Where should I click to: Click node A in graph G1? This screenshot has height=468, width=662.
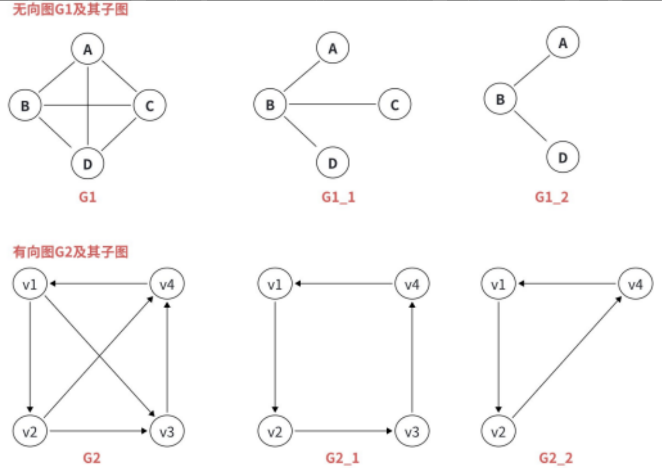tap(87, 49)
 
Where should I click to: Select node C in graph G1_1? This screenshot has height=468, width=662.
tap(394, 104)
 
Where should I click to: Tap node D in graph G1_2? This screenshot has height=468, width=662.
tap(563, 157)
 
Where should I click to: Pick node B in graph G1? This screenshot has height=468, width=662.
tap(25, 105)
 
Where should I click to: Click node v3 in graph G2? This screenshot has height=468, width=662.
tap(167, 431)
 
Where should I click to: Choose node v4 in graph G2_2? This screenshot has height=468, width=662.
tap(635, 284)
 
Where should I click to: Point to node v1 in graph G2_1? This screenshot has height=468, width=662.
tap(275, 284)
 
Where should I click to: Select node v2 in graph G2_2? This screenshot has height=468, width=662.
tap(498, 431)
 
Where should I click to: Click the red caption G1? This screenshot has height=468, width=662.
tap(87, 197)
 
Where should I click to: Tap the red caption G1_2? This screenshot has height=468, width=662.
tap(551, 197)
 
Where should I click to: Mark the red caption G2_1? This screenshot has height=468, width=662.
tap(342, 458)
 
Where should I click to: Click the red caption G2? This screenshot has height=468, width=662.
tap(92, 458)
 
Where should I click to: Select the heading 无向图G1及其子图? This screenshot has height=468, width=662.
tap(70, 9)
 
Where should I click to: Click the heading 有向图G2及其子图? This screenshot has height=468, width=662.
tap(70, 252)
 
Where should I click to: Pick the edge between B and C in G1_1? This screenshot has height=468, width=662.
tap(332, 104)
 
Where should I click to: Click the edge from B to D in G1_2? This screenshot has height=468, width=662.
tap(531, 127)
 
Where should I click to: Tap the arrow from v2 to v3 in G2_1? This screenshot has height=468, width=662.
tap(343, 431)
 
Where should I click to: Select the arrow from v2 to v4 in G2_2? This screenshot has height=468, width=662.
tap(567, 357)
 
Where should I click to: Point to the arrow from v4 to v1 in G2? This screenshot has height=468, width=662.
tap(99, 284)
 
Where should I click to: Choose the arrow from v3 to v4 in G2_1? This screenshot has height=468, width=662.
tap(412, 357)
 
